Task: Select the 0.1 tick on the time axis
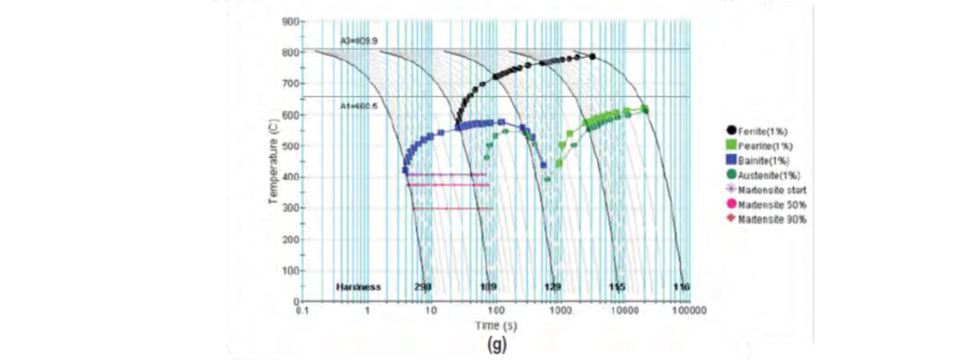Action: click(302, 312)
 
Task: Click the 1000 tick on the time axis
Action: click(560, 312)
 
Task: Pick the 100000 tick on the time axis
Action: click(688, 312)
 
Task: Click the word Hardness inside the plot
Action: click(358, 287)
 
